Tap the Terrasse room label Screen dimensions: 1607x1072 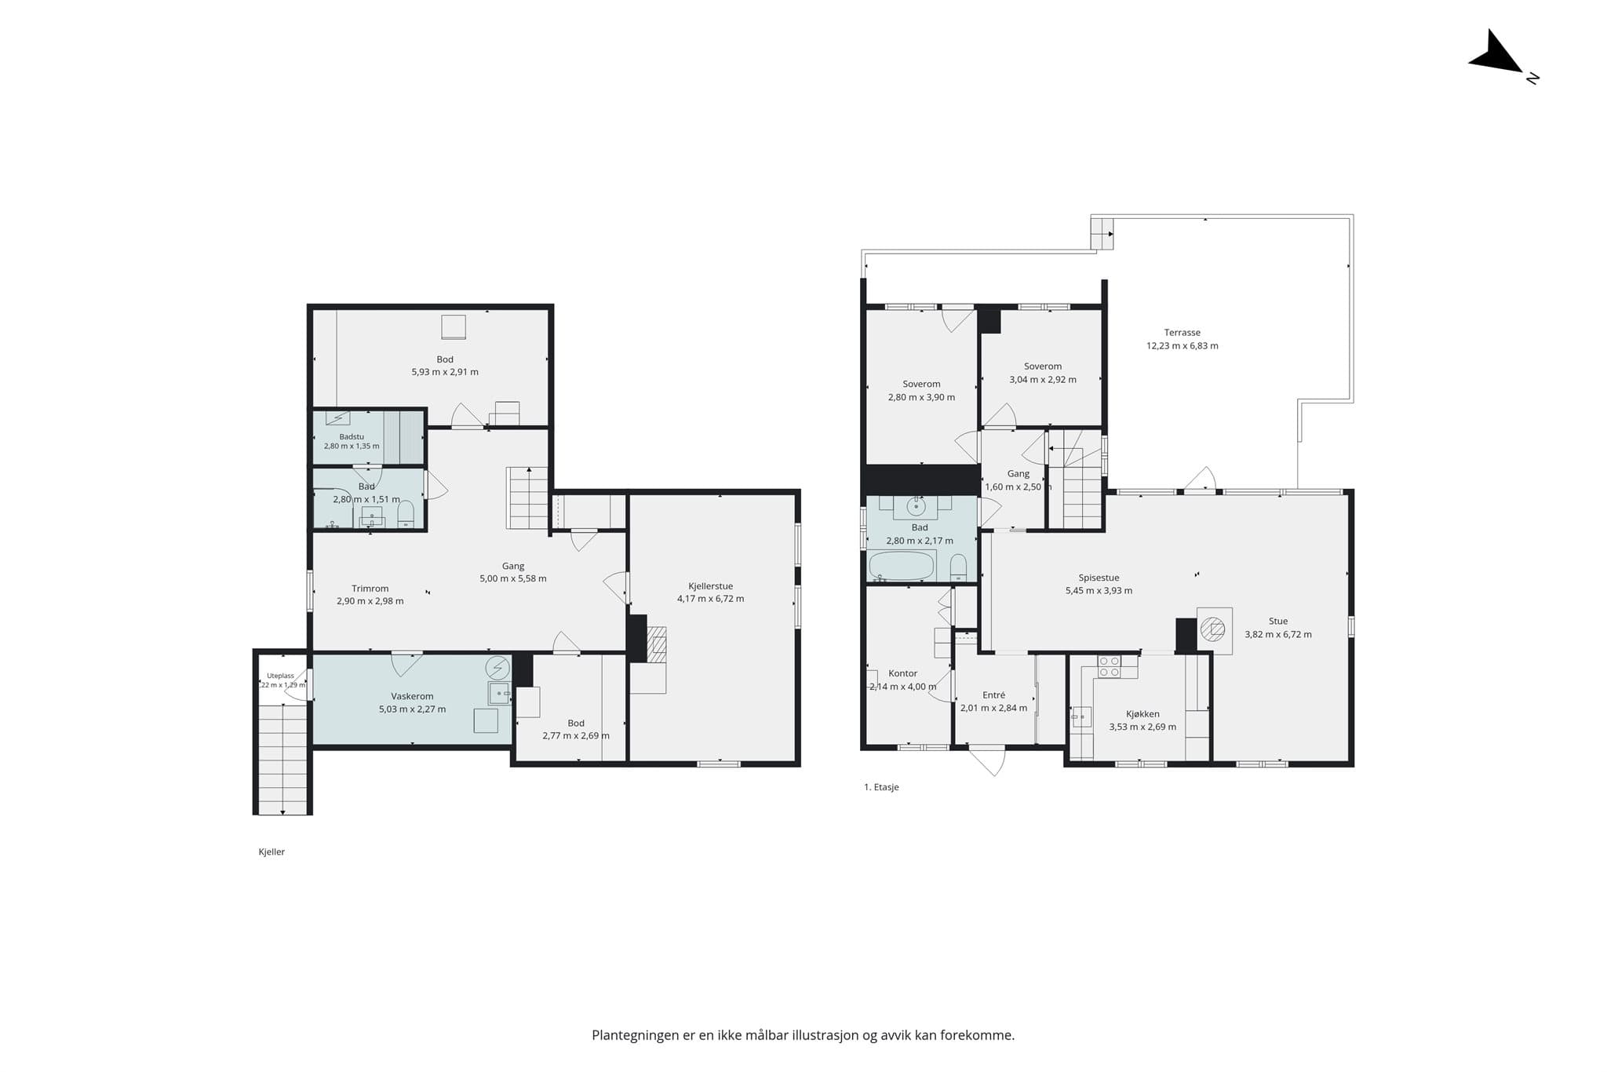pyautogui.click(x=1182, y=333)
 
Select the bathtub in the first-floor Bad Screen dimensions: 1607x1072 pyautogui.click(x=902, y=565)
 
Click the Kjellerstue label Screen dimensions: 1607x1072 pyautogui.click(x=710, y=586)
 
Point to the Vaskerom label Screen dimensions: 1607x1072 pyautogui.click(x=412, y=696)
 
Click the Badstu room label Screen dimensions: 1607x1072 pyautogui.click(x=352, y=437)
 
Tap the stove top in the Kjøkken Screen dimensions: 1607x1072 pyautogui.click(x=1109, y=667)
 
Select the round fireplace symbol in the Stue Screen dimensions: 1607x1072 pyautogui.click(x=1214, y=629)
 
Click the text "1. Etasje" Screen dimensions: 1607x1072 pyautogui.click(x=881, y=787)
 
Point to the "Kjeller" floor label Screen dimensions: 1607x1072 pyautogui.click(x=271, y=852)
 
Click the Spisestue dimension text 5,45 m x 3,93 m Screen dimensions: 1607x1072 pyautogui.click(x=1099, y=591)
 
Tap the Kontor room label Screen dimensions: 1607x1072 pyautogui.click(x=902, y=673)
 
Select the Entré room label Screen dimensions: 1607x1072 pyautogui.click(x=993, y=695)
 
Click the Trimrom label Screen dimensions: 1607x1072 pyautogui.click(x=370, y=589)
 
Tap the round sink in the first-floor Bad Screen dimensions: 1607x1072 pyautogui.click(x=916, y=507)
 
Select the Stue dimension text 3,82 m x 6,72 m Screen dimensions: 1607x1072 pyautogui.click(x=1277, y=635)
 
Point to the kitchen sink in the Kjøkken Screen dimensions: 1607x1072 pyautogui.click(x=1082, y=716)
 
